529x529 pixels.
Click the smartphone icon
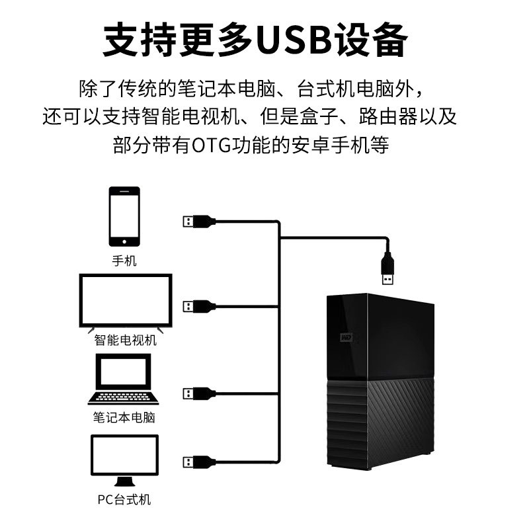click(x=124, y=216)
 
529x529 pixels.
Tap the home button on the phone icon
click(x=124, y=241)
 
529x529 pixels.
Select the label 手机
click(x=124, y=261)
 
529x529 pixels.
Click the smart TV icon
click(x=126, y=303)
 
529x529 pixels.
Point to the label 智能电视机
click(x=125, y=340)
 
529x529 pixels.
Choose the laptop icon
click(x=123, y=379)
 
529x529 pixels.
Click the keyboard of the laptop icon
click(x=123, y=397)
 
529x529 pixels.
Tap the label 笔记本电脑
click(x=124, y=418)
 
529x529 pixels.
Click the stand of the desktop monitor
click(x=124, y=481)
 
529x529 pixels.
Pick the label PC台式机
click(x=124, y=500)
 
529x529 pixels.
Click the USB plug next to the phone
click(x=199, y=222)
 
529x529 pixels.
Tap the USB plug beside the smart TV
click(x=199, y=307)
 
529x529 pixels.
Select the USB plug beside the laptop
click(x=199, y=393)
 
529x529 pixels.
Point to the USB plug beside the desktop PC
click(x=199, y=462)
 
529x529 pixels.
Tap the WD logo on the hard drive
click(x=346, y=337)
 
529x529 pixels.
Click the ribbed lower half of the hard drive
click(x=381, y=423)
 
